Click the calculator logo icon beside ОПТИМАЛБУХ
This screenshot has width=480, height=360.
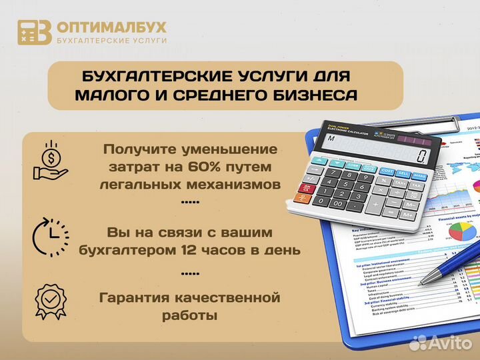34,32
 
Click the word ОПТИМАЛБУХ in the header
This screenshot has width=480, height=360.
111,27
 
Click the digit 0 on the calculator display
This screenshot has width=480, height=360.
421,156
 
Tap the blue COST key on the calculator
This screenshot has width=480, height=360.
386,171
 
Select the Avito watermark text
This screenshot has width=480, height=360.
452,343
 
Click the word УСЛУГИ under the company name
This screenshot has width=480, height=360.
149,41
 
